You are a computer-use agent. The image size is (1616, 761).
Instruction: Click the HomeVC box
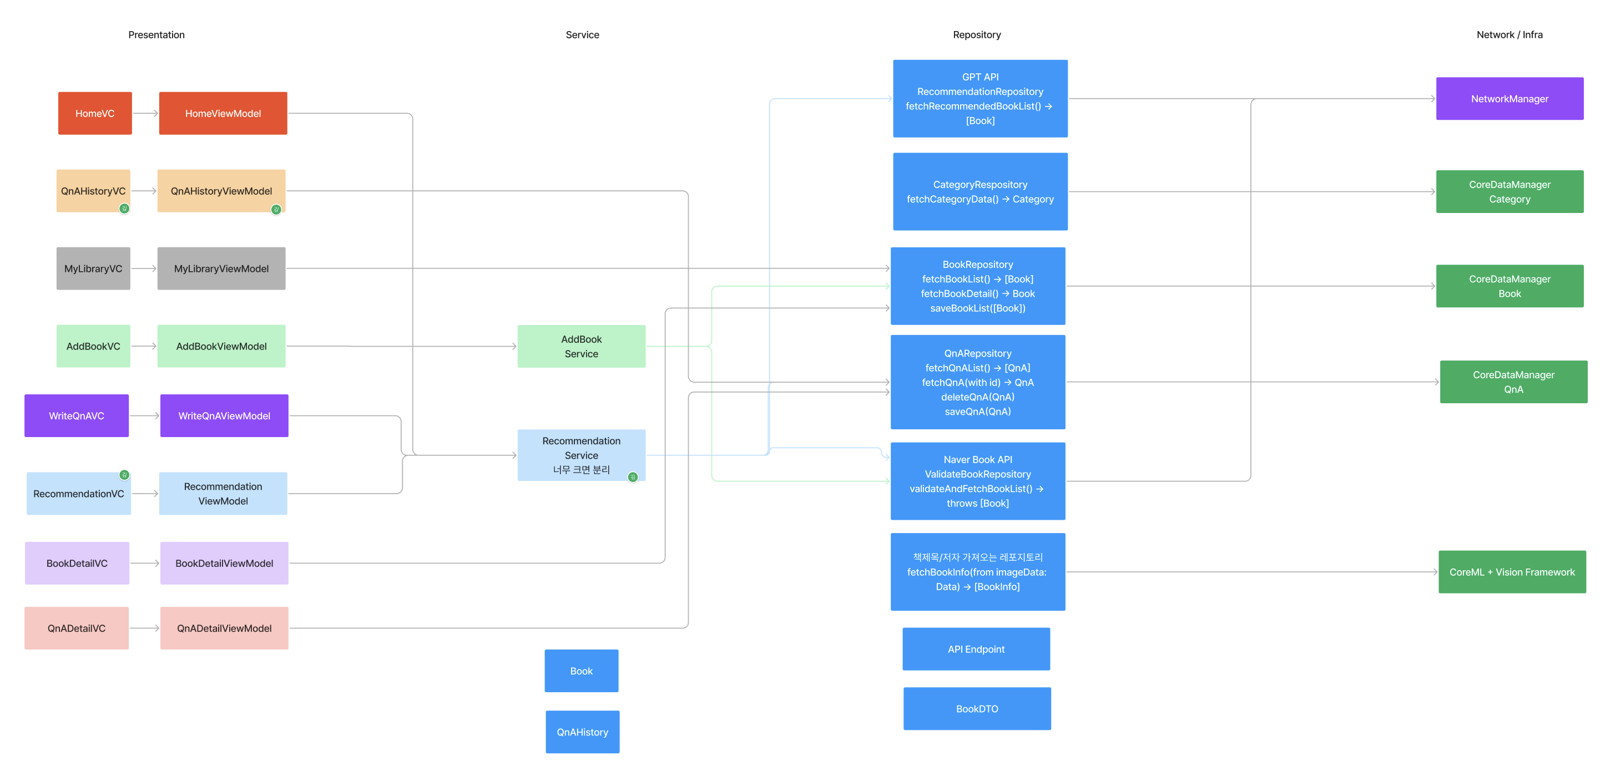coord(95,114)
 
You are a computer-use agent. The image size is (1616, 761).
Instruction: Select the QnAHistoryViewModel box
coord(221,191)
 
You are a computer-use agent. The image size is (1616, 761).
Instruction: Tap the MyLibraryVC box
coord(93,268)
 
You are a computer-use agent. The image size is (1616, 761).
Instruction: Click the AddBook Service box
coord(581,346)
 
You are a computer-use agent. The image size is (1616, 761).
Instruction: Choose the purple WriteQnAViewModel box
coord(224,415)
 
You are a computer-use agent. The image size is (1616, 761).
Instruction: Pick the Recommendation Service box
coord(581,454)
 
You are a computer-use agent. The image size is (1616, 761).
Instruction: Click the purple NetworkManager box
coord(1509,98)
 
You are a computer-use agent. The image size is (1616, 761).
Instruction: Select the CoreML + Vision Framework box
coord(1511,572)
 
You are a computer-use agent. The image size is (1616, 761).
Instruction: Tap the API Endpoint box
coord(976,649)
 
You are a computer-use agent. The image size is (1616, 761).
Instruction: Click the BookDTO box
coord(976,708)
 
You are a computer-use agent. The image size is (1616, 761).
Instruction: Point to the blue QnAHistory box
coord(582,732)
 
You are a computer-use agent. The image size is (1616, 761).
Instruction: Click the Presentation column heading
coord(156,35)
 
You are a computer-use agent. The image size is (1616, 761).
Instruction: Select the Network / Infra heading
coord(1509,35)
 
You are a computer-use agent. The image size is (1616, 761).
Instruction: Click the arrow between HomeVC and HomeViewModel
coord(145,114)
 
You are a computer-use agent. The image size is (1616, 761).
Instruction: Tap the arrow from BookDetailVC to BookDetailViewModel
coord(145,563)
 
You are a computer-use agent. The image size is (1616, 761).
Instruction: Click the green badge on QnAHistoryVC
coord(124,209)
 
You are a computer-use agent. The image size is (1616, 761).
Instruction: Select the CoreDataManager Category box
coord(1509,192)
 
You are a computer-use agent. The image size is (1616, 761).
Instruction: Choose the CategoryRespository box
coord(979,192)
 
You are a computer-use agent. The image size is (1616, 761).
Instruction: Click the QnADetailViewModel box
coord(224,628)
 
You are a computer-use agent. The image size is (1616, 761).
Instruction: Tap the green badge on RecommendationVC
coord(124,475)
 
